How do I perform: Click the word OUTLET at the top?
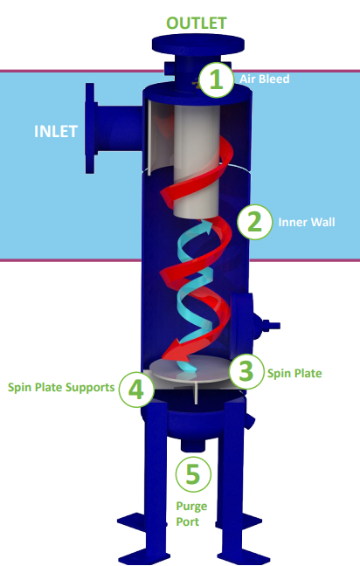tap(197, 23)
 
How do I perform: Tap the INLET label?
tap(56, 131)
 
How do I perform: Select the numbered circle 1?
tap(216, 79)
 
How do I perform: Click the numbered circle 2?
tap(254, 222)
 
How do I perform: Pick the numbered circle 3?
tap(246, 371)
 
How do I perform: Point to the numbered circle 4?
tap(136, 390)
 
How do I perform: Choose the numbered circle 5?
tap(193, 474)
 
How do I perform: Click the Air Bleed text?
tap(265, 79)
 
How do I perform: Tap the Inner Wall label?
tap(307, 222)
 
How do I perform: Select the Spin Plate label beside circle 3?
tap(294, 373)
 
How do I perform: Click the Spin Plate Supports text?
tap(61, 388)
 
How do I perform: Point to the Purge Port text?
tap(191, 514)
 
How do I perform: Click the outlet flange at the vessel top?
tap(198, 44)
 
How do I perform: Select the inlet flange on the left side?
tap(91, 128)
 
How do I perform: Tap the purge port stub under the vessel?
tap(192, 445)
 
